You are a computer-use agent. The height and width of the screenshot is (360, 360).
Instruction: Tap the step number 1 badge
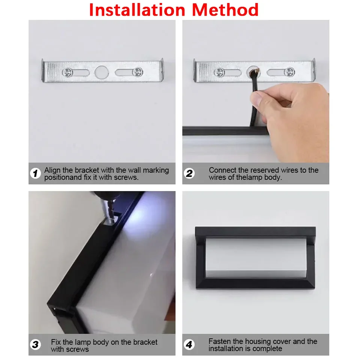pyautogui.click(x=35, y=173)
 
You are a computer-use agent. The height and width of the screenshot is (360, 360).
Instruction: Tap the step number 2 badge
pyautogui.click(x=189, y=173)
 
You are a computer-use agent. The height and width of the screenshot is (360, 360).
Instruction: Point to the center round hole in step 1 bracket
pyautogui.click(x=101, y=72)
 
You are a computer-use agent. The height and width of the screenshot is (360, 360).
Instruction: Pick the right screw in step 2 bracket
pyautogui.click(x=289, y=72)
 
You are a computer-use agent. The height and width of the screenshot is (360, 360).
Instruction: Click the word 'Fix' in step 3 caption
pyautogui.click(x=56, y=342)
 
